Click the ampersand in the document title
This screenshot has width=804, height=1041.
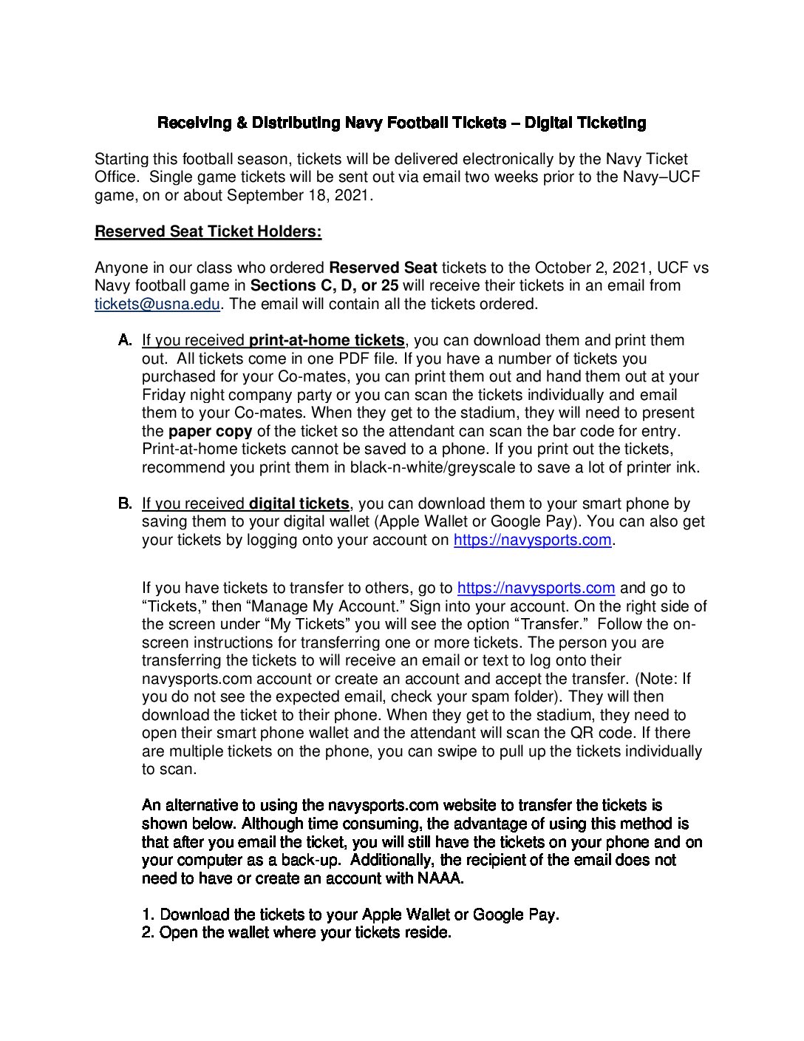pos(242,123)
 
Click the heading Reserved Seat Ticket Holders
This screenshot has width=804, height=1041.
pos(208,231)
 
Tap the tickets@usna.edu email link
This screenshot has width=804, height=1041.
pos(157,304)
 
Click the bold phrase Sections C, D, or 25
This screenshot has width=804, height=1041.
pos(324,285)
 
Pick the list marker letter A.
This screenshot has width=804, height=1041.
pos(125,340)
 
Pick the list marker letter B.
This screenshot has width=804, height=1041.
pos(125,503)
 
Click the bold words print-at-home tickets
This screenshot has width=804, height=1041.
pos(327,340)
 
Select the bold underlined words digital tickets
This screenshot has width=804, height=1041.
pos(299,503)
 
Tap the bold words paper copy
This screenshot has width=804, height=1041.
pos(210,431)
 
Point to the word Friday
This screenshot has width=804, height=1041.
pos(163,395)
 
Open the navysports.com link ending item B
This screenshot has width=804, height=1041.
pos(532,540)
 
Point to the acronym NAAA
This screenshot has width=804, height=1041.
pos(440,878)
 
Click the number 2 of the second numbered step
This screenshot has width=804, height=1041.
pos(147,932)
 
